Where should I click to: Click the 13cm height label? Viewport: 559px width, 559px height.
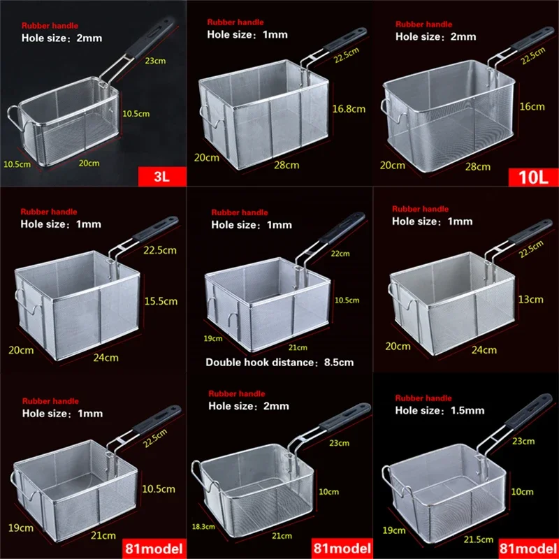click(x=531, y=299)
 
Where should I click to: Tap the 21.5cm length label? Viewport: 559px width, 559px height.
click(x=480, y=539)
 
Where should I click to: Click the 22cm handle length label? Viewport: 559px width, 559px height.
click(x=341, y=254)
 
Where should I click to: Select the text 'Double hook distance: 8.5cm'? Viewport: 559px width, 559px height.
click(x=279, y=362)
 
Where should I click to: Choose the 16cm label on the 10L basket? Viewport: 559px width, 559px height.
click(x=532, y=106)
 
